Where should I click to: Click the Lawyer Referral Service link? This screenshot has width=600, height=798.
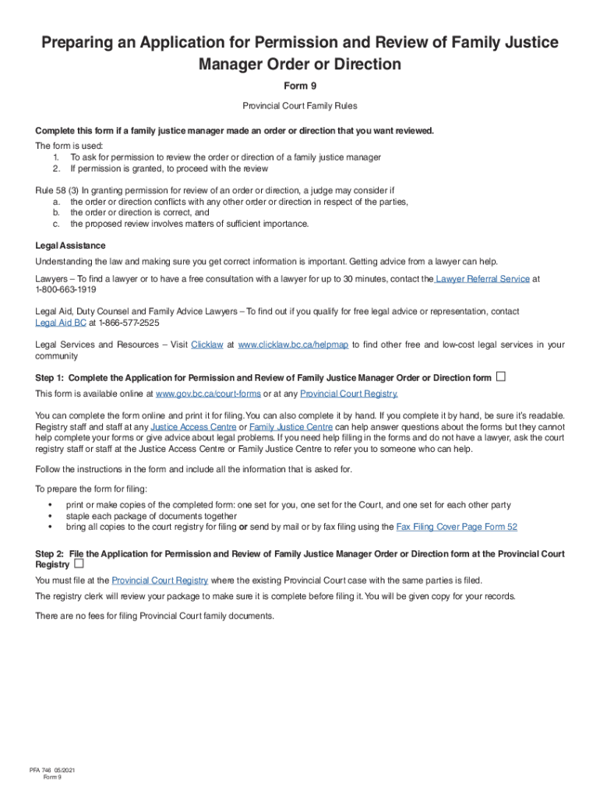click(x=483, y=278)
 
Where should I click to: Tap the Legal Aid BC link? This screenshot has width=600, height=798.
click(x=61, y=322)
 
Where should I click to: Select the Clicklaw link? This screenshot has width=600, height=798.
click(x=206, y=344)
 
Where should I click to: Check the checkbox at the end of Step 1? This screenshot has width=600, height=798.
click(x=501, y=377)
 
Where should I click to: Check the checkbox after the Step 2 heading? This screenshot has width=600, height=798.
click(x=79, y=563)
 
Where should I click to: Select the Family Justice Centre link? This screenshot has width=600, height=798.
click(x=291, y=427)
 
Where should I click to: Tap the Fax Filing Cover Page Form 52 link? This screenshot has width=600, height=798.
click(x=457, y=527)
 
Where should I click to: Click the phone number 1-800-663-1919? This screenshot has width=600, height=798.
click(x=65, y=289)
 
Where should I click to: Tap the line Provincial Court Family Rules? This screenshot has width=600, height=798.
click(x=300, y=105)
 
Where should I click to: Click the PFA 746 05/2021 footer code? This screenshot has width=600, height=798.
click(x=51, y=771)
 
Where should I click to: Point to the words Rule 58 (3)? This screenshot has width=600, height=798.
click(x=57, y=190)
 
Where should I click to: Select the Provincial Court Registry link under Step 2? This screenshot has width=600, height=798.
click(x=160, y=580)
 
